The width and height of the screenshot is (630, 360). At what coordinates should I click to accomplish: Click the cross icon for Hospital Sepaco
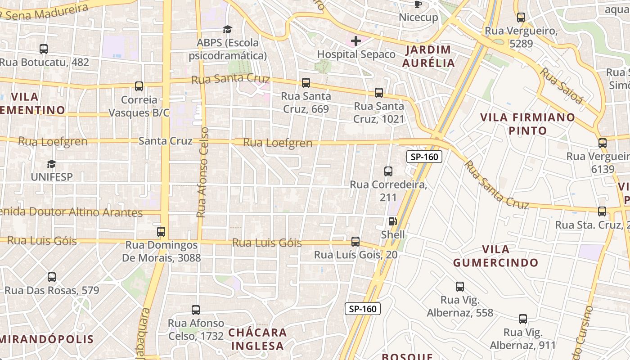coord(356,41)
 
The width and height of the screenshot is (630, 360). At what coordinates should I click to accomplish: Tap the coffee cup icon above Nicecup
coord(418,4)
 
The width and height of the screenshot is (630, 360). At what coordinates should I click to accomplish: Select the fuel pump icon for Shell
coord(392,221)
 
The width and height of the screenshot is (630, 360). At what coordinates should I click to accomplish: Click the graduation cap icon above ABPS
coord(227,30)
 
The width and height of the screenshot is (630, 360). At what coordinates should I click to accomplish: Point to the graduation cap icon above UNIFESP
coord(52,164)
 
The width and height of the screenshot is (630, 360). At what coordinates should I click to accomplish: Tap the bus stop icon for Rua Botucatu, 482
coord(44,49)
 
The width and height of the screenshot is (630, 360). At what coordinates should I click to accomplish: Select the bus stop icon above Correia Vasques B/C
coord(139,86)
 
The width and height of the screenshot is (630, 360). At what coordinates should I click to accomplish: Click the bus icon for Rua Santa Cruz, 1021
coord(379,93)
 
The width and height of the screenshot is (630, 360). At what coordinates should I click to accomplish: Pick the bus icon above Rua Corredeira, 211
coord(388,171)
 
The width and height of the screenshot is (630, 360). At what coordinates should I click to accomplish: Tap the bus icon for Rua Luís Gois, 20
coord(355,242)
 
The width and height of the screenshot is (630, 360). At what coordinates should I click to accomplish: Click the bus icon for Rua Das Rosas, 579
coord(52,277)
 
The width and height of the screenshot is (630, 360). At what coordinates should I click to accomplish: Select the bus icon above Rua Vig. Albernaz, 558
coord(460,287)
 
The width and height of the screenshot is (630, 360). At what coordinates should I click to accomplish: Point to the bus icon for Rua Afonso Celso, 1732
coord(196,310)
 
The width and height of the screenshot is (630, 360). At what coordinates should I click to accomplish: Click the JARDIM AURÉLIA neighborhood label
coord(428,56)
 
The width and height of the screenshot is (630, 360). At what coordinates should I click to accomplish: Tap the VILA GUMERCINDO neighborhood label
coord(495,256)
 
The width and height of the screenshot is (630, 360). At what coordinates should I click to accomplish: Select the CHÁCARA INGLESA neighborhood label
coord(257,339)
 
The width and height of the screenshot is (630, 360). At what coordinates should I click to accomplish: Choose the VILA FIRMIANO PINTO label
coord(527,124)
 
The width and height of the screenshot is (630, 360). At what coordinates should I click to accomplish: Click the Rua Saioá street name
coord(561,86)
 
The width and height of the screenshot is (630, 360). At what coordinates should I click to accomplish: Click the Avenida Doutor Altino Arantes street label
coord(72,212)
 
